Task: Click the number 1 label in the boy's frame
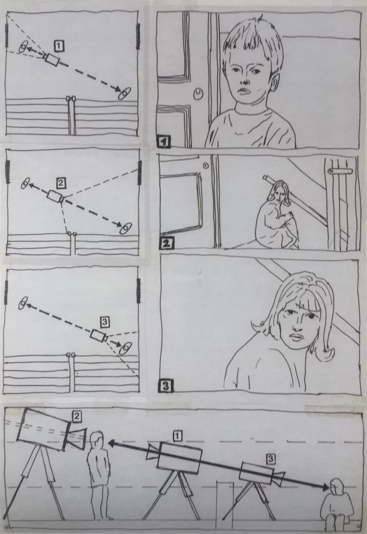pos(164,141)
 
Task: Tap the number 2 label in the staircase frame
pos(166,244)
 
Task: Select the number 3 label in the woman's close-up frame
pos(166,386)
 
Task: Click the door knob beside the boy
pos(198,94)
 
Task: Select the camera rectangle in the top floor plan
pos(52,60)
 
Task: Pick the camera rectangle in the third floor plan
pos(99,336)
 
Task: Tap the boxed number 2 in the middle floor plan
pos(60,184)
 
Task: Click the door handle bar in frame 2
pos(340,170)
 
